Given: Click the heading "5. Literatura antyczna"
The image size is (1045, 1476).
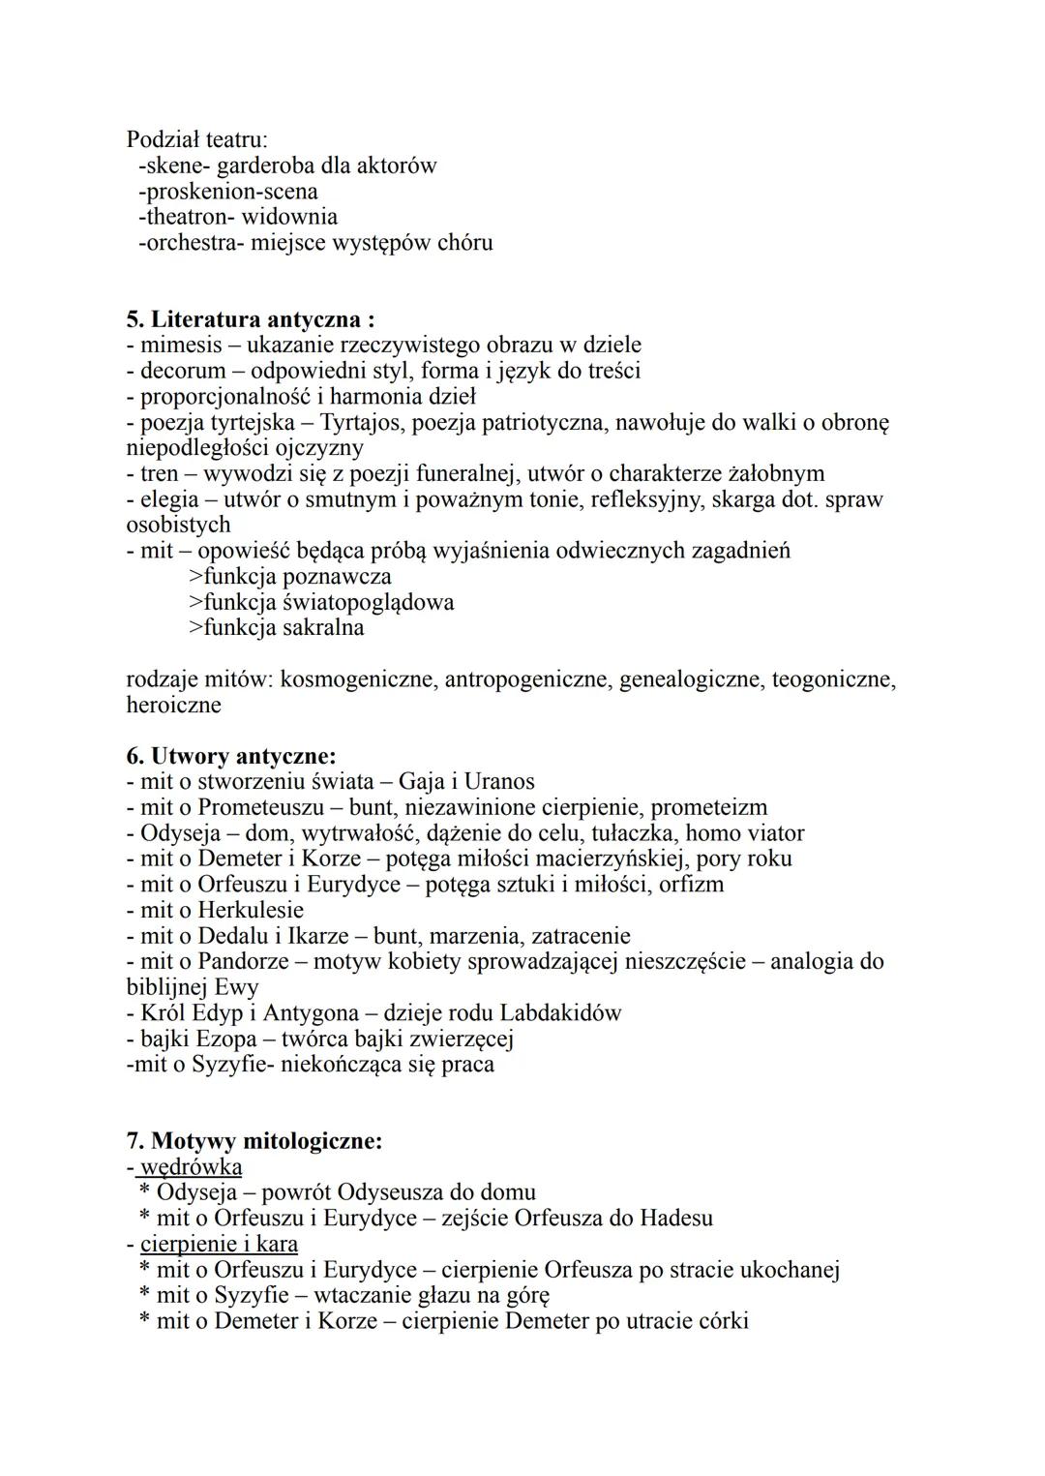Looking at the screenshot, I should tap(250, 319).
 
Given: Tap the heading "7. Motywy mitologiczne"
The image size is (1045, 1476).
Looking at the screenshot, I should tap(254, 1141).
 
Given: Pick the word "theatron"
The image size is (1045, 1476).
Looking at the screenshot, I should tap(186, 217).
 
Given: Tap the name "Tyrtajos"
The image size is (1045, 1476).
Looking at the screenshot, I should tap(363, 422).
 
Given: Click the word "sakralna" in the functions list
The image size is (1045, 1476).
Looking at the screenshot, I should tap(323, 627).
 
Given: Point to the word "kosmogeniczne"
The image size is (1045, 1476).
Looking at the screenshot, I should tap(358, 679).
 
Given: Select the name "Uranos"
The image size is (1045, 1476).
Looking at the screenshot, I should tap(499, 781).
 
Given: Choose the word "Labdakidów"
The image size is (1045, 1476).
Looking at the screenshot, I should tap(560, 1012).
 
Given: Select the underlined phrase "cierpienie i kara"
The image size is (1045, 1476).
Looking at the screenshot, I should tap(219, 1244).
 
